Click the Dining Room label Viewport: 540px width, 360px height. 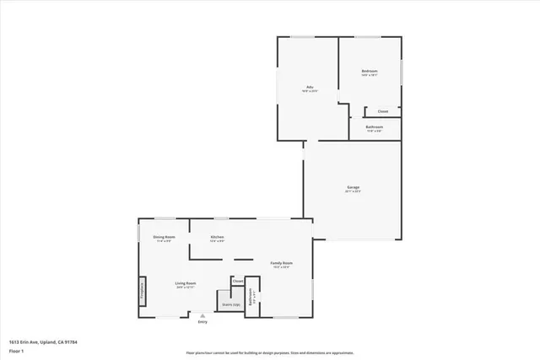pyautogui.click(x=165, y=238)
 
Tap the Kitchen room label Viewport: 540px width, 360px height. pyautogui.click(x=217, y=238)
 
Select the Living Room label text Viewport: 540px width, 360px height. pyautogui.click(x=186, y=283)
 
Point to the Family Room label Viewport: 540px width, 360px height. pyautogui.click(x=281, y=263)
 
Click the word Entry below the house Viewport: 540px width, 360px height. pyautogui.click(x=202, y=322)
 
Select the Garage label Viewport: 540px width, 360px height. pyautogui.click(x=353, y=186)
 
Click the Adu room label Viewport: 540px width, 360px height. pyautogui.click(x=310, y=87)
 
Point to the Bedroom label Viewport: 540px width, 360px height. pyautogui.click(x=370, y=71)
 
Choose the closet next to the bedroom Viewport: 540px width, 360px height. pyautogui.click(x=382, y=111)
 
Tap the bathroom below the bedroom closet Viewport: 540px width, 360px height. pyautogui.click(x=375, y=127)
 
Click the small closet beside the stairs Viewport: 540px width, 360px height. pyautogui.click(x=238, y=281)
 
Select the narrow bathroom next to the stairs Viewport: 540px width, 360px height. pyautogui.click(x=251, y=298)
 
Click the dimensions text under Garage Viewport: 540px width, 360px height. pyautogui.click(x=353, y=191)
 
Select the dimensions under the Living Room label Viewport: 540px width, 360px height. pyautogui.click(x=186, y=288)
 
